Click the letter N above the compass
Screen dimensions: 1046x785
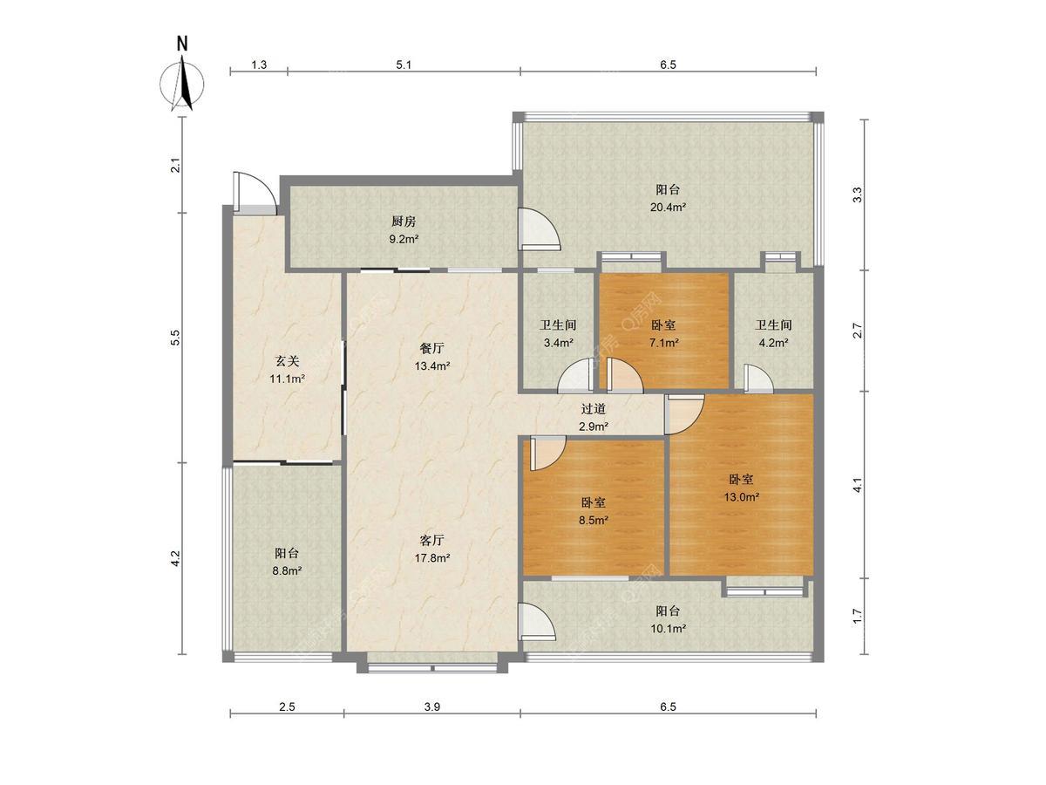(182, 44)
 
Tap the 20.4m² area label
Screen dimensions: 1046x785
(668, 207)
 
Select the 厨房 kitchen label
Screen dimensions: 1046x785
(404, 222)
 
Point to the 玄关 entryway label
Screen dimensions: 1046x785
(287, 361)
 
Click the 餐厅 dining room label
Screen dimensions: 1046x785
(431, 348)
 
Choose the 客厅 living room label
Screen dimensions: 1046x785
(431, 540)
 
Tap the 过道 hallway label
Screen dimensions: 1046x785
(593, 408)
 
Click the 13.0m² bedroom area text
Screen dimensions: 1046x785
(742, 497)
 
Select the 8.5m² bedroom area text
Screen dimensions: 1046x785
(594, 520)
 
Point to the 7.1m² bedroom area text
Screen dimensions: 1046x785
(664, 342)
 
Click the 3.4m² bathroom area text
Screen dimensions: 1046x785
(558, 342)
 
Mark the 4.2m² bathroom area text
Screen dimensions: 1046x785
(773, 342)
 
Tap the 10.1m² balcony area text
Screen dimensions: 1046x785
(668, 628)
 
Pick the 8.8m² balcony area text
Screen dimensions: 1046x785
(287, 570)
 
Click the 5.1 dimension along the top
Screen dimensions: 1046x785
(404, 65)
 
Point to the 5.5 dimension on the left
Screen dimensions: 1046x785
(176, 338)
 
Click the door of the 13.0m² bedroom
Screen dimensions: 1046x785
(684, 414)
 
